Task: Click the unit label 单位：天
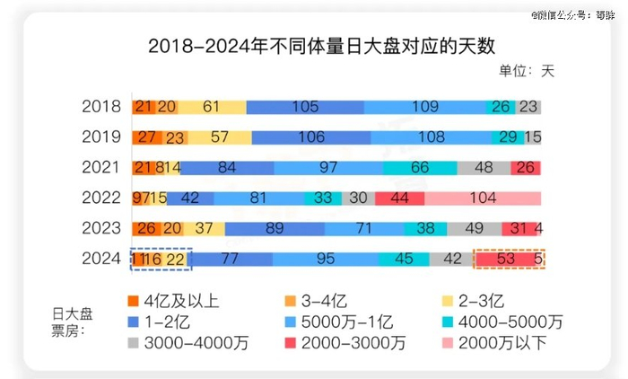[x=527, y=72]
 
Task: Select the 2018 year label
[x=100, y=107]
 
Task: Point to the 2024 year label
[x=100, y=260]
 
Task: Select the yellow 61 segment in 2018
[x=212, y=107]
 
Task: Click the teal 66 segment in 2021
[x=420, y=168]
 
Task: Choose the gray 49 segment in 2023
[x=475, y=229]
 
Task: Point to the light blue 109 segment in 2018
[x=424, y=107]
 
